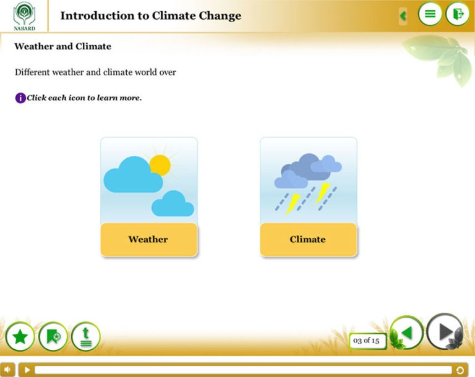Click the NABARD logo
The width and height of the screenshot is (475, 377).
pos(24,16)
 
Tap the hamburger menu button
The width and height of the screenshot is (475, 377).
pos(430,14)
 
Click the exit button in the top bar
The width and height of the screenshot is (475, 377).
pos(458,14)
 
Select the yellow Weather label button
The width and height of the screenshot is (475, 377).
pos(149,240)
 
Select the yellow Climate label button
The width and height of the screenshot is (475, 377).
pos(309,240)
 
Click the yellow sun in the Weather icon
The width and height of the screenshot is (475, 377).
pos(160,165)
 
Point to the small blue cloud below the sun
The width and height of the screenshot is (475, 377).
pos(173,203)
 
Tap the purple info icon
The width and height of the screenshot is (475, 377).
pos(20,98)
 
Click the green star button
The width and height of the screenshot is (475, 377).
pos(20,336)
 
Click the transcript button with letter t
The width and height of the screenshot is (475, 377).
pos(86,336)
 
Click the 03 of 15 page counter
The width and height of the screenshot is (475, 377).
pos(367,341)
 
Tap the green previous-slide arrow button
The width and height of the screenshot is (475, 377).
pos(406,333)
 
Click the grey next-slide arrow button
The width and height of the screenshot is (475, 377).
pos(445,331)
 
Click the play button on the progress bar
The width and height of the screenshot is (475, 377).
pos(27,370)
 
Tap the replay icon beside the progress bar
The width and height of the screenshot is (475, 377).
pos(460,370)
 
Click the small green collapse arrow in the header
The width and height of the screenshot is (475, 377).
pos(403,15)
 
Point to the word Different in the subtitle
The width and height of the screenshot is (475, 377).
pos(32,72)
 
